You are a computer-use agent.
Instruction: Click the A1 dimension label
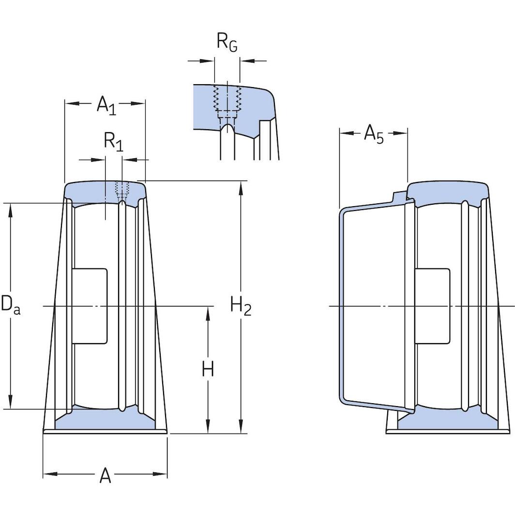tap(106, 105)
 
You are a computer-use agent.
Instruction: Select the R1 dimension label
tap(113, 142)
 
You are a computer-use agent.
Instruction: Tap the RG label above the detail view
tap(227, 43)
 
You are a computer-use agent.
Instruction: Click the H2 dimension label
tap(241, 306)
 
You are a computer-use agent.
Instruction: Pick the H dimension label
tap(208, 370)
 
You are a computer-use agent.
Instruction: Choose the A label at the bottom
tap(105, 476)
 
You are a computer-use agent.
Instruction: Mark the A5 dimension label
tap(373, 134)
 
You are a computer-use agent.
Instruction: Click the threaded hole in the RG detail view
tap(227, 99)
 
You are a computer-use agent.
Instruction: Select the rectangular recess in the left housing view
tap(90, 306)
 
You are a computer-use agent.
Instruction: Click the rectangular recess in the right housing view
tap(432, 306)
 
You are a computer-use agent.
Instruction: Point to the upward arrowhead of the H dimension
tap(208, 313)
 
